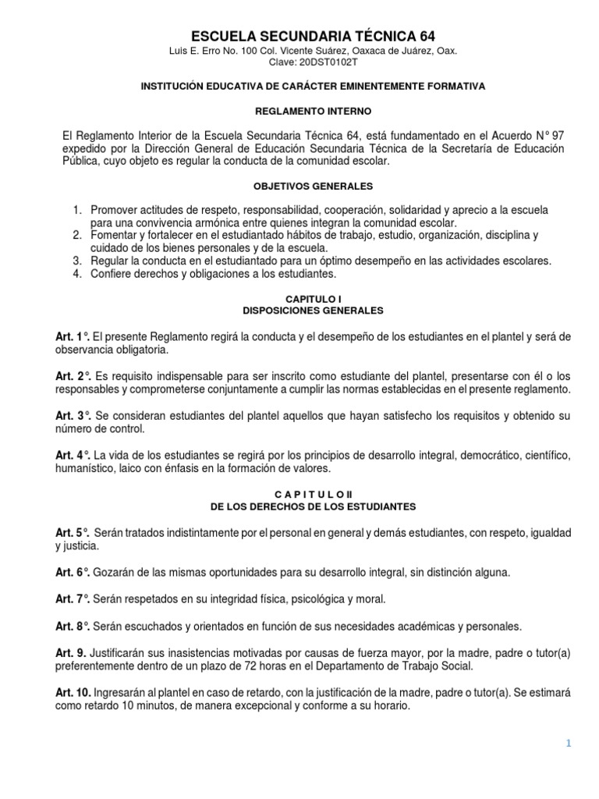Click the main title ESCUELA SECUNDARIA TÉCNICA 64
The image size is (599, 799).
tap(314, 36)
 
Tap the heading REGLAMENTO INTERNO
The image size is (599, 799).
tap(313, 112)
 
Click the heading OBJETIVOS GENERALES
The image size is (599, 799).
tap(313, 186)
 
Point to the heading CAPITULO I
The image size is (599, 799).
tap(313, 299)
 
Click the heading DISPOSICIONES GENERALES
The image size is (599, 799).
tap(313, 310)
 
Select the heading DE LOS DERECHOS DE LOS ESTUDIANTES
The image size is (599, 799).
tap(313, 506)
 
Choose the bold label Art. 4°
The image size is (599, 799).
tap(73, 455)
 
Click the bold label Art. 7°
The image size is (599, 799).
tap(73, 599)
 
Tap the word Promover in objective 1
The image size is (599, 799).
tap(114, 211)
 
